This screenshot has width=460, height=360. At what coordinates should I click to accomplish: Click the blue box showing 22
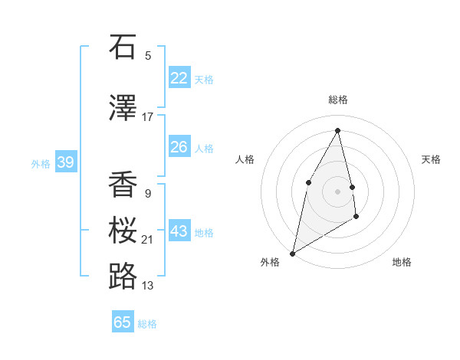(x=179, y=78)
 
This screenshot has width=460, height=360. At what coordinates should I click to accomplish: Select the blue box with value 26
(x=179, y=147)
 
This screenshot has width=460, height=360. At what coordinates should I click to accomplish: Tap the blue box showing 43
(x=179, y=231)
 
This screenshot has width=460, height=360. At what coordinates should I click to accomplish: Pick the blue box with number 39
(x=65, y=162)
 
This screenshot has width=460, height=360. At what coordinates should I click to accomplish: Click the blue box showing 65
(x=123, y=322)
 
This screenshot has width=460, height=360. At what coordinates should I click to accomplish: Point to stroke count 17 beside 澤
(x=148, y=117)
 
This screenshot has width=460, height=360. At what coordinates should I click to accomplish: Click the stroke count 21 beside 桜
(x=148, y=240)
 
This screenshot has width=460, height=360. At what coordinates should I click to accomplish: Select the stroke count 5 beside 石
(x=148, y=55)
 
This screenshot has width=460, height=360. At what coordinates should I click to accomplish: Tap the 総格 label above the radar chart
(x=337, y=100)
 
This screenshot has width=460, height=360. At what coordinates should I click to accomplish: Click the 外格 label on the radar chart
(x=270, y=263)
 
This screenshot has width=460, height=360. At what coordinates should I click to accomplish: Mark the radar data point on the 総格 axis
(x=337, y=130)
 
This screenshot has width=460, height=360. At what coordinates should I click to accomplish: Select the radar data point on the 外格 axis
(x=292, y=253)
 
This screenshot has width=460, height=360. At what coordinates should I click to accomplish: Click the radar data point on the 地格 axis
(x=356, y=218)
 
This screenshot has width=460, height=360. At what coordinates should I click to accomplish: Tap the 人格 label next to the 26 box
(x=204, y=148)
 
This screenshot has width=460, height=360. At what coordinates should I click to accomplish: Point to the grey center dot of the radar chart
(x=337, y=191)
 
